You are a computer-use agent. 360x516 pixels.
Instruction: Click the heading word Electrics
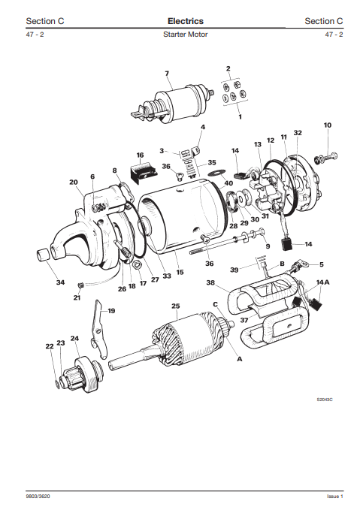tap(185, 21)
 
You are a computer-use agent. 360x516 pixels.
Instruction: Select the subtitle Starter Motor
tap(185, 35)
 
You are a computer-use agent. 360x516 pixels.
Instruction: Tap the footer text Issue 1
tap(334, 496)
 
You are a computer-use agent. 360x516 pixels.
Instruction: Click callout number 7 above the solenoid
tap(167, 73)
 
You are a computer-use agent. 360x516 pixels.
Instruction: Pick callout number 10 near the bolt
tap(327, 125)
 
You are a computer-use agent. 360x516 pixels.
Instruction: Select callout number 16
tap(140, 155)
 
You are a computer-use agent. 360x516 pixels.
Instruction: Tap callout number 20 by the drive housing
tap(74, 183)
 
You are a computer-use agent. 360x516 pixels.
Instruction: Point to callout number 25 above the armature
tap(175, 306)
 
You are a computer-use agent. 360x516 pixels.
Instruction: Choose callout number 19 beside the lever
tap(111, 310)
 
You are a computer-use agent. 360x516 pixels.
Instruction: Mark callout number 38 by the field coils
tap(211, 283)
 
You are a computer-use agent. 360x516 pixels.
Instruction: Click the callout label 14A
tap(322, 282)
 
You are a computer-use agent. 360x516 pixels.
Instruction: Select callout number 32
tap(298, 132)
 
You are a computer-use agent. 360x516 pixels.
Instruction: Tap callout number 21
tap(77, 297)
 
